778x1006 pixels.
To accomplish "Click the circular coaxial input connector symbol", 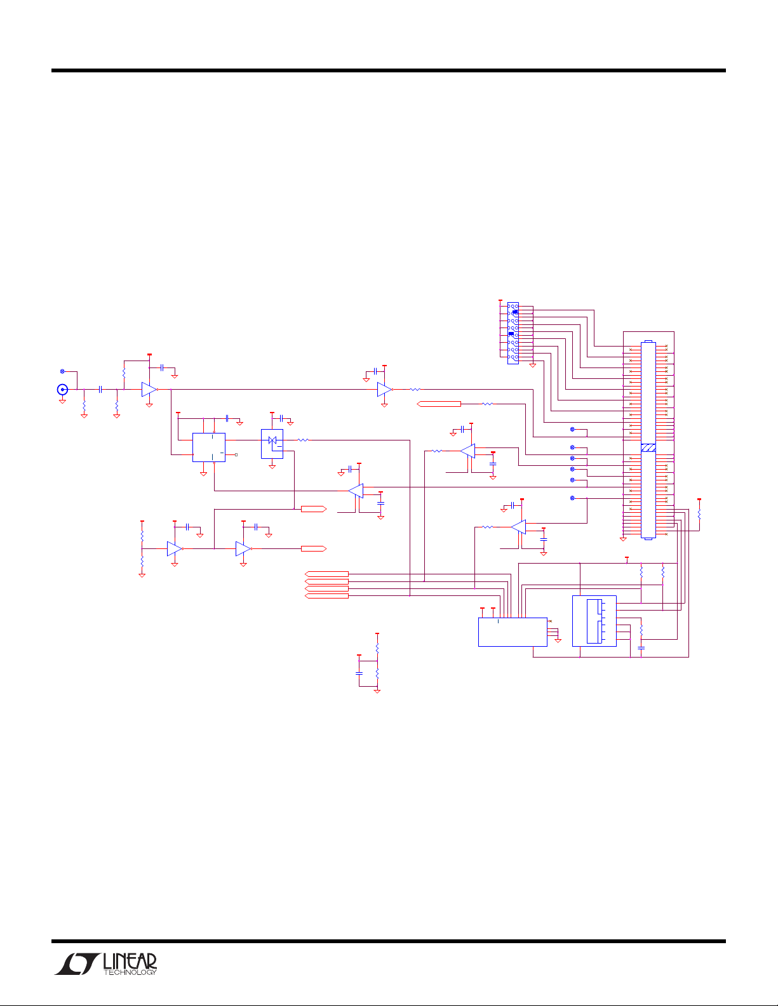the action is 62,389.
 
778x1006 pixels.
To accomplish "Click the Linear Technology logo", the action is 105,964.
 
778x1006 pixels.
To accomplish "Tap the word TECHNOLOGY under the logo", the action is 130,972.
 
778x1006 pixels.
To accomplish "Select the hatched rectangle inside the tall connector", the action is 648,447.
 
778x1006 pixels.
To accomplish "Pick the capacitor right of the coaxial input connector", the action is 100,389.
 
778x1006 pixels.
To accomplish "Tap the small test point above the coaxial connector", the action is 62,371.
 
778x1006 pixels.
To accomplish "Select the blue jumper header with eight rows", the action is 513,333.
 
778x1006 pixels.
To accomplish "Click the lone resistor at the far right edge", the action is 699,514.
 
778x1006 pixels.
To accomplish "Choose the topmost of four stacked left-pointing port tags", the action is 326,574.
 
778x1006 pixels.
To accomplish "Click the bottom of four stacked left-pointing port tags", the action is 326,596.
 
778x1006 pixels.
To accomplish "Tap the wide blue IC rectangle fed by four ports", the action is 513,632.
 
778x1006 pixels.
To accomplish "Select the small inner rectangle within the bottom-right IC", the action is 594,621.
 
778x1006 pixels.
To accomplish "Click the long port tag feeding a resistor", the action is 439,404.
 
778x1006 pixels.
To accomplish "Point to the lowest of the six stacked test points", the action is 572,498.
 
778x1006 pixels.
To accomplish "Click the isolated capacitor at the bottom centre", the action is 359,673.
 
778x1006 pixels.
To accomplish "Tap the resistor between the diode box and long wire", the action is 303,440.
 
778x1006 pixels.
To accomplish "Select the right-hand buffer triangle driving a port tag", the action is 243,548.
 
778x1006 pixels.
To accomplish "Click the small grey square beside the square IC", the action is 236,454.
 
